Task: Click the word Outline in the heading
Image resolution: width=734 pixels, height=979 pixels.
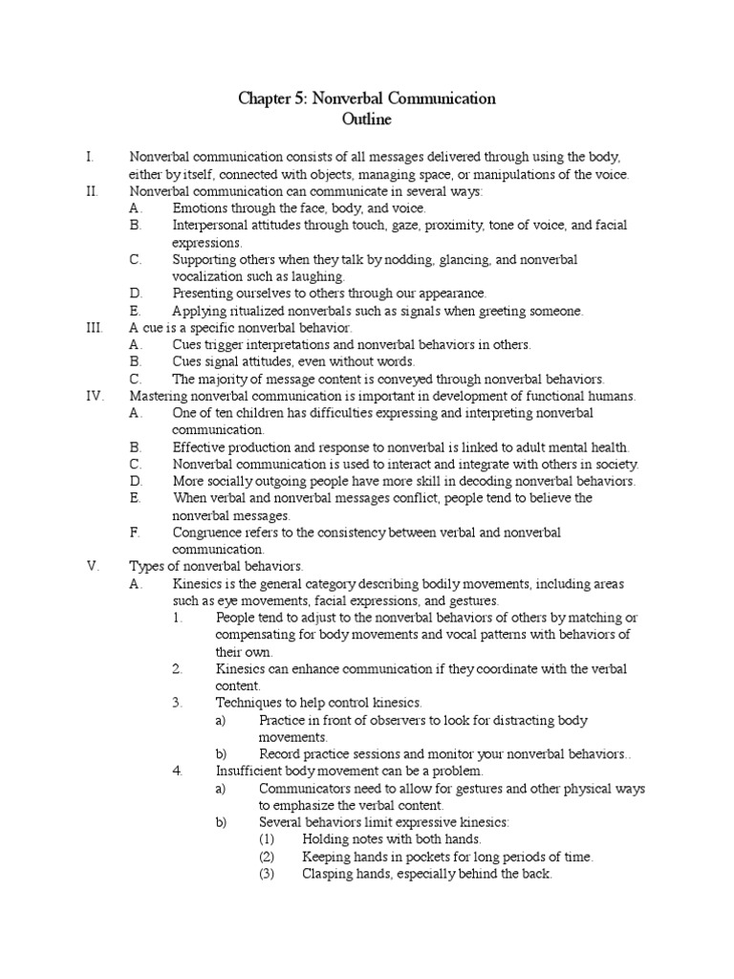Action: click(x=367, y=120)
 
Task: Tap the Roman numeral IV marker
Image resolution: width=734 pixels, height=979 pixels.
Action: click(x=95, y=396)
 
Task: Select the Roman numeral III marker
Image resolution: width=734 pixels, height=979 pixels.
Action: click(x=93, y=328)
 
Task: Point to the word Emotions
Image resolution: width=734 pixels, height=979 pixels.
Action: click(x=201, y=208)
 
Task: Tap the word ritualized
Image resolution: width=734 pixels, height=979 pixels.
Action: click(x=253, y=311)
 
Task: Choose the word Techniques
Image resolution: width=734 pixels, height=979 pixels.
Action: click(x=251, y=703)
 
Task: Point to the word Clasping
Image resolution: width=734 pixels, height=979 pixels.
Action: click(x=328, y=874)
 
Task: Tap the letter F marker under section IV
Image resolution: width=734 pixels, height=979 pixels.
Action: click(x=135, y=533)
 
